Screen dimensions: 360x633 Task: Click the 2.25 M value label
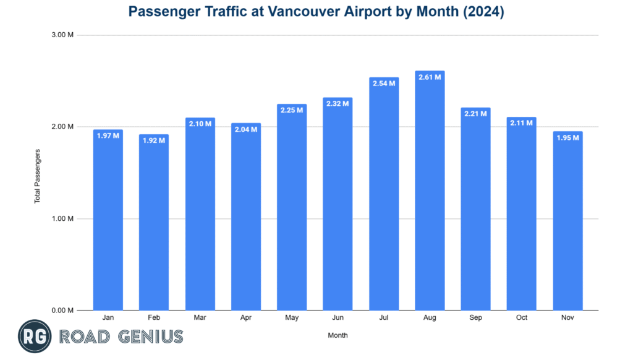tap(292, 110)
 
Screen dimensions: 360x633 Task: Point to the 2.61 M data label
tap(430, 77)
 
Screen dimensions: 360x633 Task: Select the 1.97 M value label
tap(108, 135)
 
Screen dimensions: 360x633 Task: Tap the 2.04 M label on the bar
tap(246, 129)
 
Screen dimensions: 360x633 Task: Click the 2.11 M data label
tap(522, 123)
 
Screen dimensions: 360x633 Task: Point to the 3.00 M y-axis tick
tap(62, 35)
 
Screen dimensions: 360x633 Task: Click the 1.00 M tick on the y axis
tap(62, 218)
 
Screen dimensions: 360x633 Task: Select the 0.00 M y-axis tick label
tap(62, 310)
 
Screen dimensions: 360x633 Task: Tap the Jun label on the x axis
tap(338, 318)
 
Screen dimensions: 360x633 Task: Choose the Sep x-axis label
tap(475, 318)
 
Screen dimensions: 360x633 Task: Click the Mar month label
tap(200, 318)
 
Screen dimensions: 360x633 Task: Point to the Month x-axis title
tap(338, 335)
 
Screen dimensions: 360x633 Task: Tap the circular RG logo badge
tap(35, 336)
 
